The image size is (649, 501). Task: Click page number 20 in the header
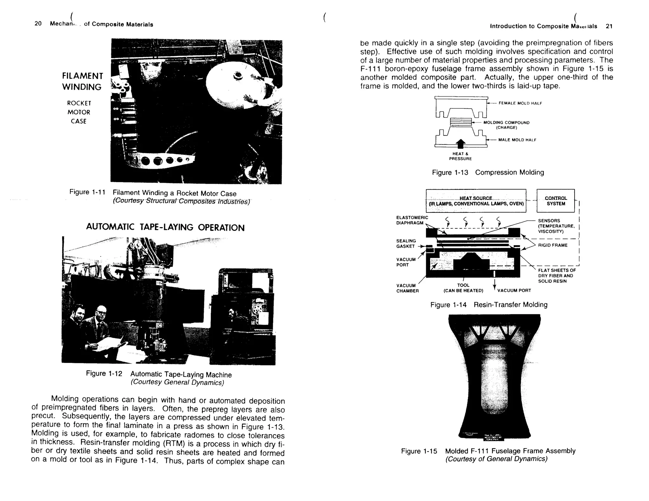point(38,24)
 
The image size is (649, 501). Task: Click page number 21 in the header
point(609,26)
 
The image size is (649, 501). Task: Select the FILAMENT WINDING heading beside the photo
point(82,81)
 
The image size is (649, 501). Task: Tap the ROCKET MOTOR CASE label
point(79,112)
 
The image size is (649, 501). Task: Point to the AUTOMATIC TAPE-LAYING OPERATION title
point(165,227)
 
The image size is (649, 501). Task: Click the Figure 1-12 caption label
point(104,374)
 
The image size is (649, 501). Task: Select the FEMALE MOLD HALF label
point(520,103)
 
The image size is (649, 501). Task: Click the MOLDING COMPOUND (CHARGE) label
point(506,125)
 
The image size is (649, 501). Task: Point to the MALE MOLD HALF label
point(517,140)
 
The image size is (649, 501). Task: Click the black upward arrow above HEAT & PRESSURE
point(460,143)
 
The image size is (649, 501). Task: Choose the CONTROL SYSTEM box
point(556,201)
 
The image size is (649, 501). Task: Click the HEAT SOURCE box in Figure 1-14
point(476,201)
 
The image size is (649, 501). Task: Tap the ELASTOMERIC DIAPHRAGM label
point(412,220)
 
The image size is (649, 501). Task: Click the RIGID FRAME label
point(553,245)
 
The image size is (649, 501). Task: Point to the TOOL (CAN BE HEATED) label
point(463,288)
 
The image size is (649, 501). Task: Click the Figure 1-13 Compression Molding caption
point(488,173)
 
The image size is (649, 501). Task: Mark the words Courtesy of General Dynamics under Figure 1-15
point(496,459)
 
